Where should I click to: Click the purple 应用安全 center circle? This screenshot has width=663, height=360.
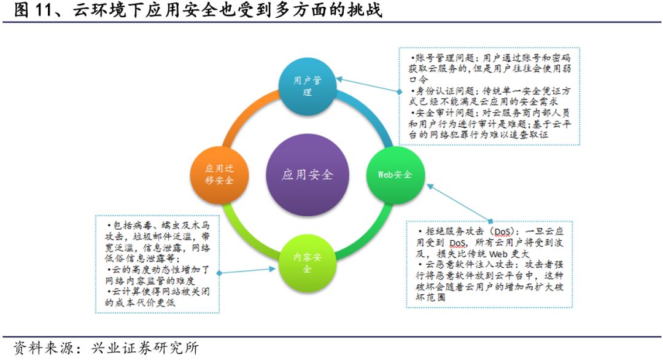(x=307, y=174)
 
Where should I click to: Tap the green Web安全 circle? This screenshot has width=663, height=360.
(x=394, y=174)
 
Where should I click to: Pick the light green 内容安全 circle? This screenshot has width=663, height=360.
(x=307, y=264)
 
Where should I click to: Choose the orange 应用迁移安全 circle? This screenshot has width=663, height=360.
(x=219, y=174)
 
